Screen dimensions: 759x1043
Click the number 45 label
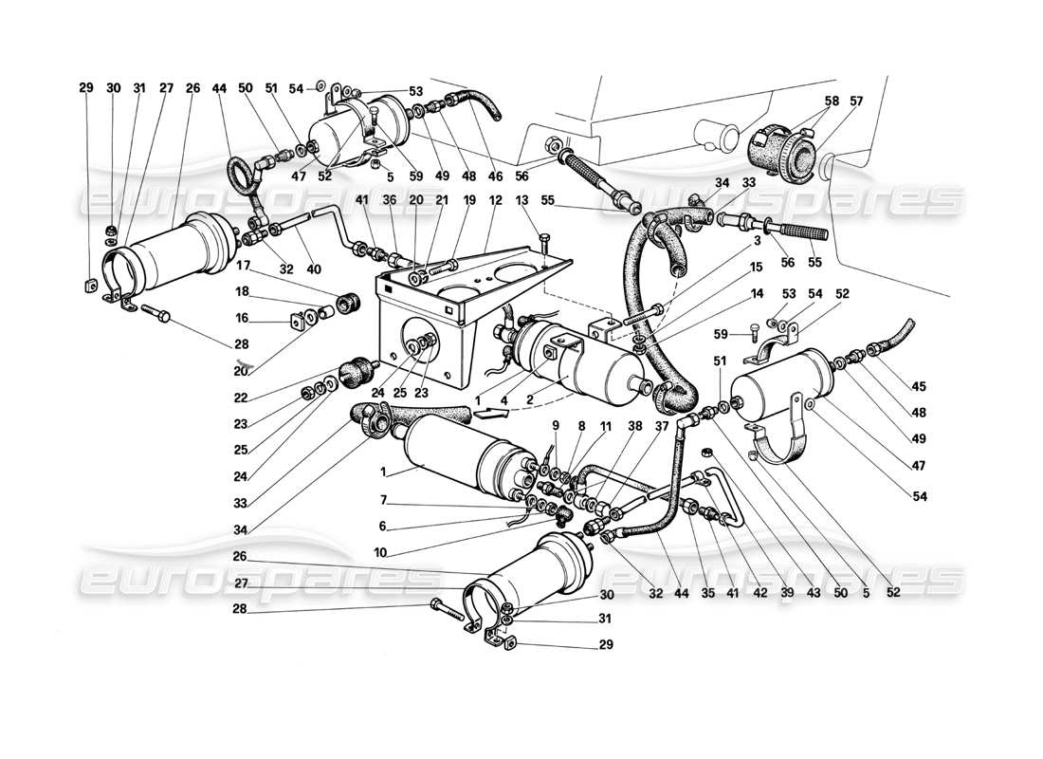pos(920,386)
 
